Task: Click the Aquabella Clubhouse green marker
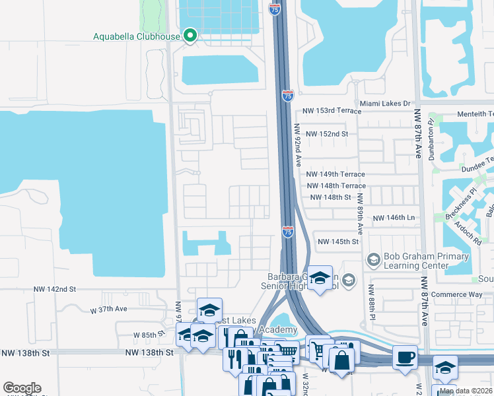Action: coord(190,35)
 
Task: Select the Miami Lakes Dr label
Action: coord(385,104)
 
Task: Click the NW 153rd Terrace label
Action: coord(328,114)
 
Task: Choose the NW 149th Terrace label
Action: coord(335,174)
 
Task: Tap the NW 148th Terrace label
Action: coord(336,186)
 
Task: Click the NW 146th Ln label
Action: coord(394,218)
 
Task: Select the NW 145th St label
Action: coord(337,242)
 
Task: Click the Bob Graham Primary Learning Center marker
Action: coord(373,260)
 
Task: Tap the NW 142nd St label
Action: coord(55,289)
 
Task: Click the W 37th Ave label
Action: coord(108,309)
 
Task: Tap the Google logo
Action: coord(22,388)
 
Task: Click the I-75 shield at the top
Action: coord(275,9)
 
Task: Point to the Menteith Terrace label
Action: coord(471,114)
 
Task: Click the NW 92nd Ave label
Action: coord(298,145)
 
